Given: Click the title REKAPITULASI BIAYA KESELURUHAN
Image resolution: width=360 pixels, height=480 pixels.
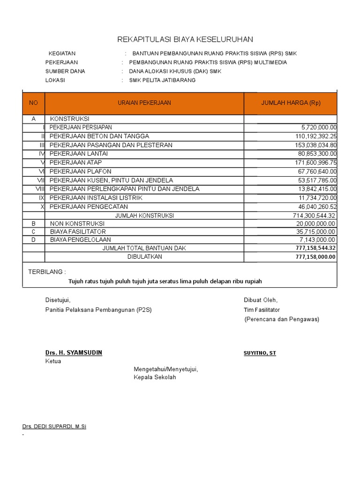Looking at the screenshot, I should click(185, 39).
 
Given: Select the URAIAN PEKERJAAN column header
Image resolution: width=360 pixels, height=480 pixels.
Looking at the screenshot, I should click(144, 103).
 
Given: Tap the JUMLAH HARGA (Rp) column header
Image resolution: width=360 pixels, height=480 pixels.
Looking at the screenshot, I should click(291, 103).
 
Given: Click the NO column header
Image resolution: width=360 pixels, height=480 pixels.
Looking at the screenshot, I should click(33, 103).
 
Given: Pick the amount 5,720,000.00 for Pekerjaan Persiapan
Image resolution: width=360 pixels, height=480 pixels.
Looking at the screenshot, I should click(319, 127).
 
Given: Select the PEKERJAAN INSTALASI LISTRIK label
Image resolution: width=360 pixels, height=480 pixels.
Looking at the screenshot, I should click(96, 198).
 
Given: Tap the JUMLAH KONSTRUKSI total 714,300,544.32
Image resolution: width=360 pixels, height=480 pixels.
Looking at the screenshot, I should click(314, 216).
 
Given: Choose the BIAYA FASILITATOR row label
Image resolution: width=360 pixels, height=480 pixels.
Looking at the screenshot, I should click(78, 232).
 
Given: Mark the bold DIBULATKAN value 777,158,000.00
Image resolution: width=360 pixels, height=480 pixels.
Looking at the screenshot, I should click(315, 257).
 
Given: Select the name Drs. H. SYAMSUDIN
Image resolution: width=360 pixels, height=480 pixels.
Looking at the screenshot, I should click(74, 352).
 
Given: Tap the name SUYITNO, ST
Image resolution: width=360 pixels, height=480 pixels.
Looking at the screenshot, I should click(260, 353).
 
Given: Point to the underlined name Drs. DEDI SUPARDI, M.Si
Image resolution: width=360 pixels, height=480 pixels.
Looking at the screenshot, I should click(54, 427).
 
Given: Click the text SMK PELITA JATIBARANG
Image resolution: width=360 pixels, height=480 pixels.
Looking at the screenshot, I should click(162, 80).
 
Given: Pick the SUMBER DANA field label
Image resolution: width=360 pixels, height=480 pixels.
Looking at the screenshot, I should click(65, 71).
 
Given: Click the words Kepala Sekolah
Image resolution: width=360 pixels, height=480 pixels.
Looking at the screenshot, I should click(155, 377).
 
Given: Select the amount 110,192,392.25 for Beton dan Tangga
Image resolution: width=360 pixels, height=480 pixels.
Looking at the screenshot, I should click(314, 136).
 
